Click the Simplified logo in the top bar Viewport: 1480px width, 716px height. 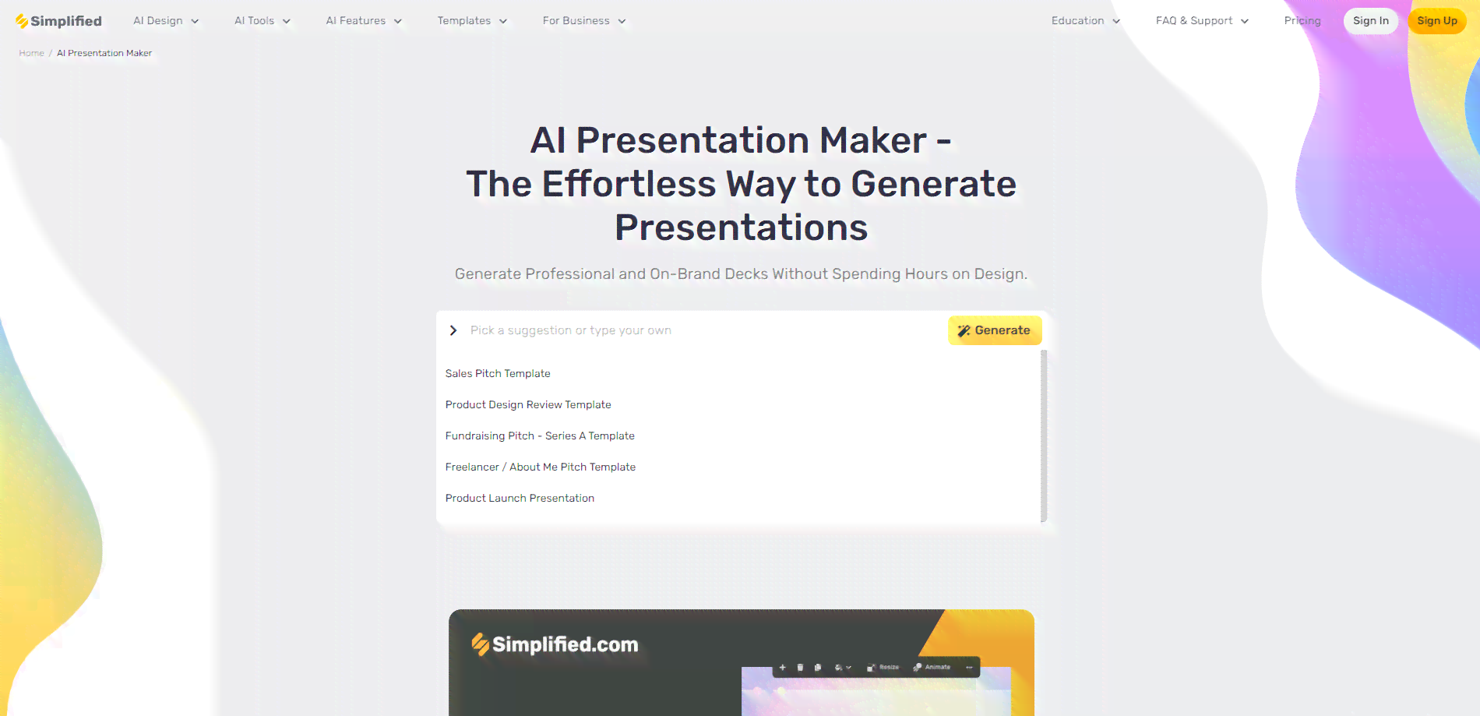[58, 21]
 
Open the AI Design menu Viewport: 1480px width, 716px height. [166, 21]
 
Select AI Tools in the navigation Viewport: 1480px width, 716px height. [263, 21]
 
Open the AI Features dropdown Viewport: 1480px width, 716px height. [364, 21]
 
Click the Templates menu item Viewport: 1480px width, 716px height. [472, 21]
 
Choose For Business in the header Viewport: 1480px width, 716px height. [584, 21]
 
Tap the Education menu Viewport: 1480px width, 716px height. [1086, 21]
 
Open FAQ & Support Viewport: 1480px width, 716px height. [1202, 21]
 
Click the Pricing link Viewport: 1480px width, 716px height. [1302, 21]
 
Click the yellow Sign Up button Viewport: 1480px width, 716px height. [1437, 21]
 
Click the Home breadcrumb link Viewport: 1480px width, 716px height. [32, 53]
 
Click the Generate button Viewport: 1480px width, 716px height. [995, 330]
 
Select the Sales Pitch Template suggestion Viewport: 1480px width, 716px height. [498, 373]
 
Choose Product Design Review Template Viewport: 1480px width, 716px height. [528, 404]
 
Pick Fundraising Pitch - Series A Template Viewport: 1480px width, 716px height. [540, 436]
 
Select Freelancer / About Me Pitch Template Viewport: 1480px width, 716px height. [541, 467]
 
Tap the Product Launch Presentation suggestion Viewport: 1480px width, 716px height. [520, 498]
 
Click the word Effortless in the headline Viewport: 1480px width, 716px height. [629, 185]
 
